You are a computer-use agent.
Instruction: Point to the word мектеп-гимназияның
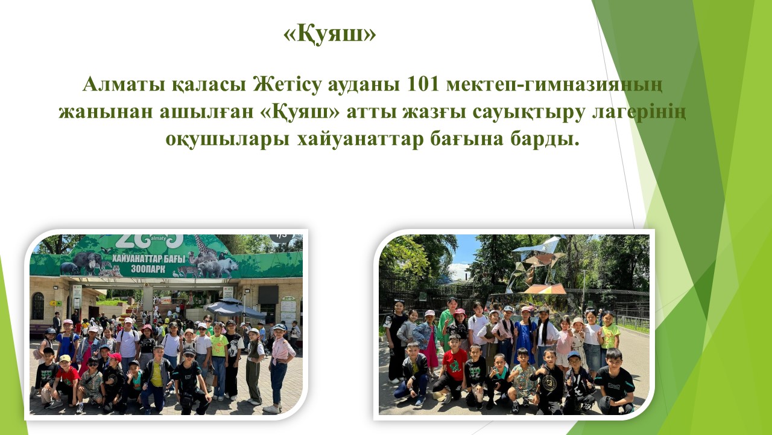pyautogui.click(x=554, y=85)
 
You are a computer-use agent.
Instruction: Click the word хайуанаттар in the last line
pyautogui.click(x=361, y=140)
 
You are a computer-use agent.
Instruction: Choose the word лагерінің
pyautogui.click(x=639, y=112)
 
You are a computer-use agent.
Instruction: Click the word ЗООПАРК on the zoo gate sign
pyautogui.click(x=148, y=269)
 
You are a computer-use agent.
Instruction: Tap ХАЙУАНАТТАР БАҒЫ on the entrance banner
pyautogui.click(x=148, y=259)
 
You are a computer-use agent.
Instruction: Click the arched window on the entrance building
pyautogui.click(x=38, y=306)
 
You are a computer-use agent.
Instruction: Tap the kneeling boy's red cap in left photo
pyautogui.click(x=115, y=356)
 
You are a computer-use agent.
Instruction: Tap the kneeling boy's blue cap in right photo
pyautogui.click(x=574, y=355)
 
